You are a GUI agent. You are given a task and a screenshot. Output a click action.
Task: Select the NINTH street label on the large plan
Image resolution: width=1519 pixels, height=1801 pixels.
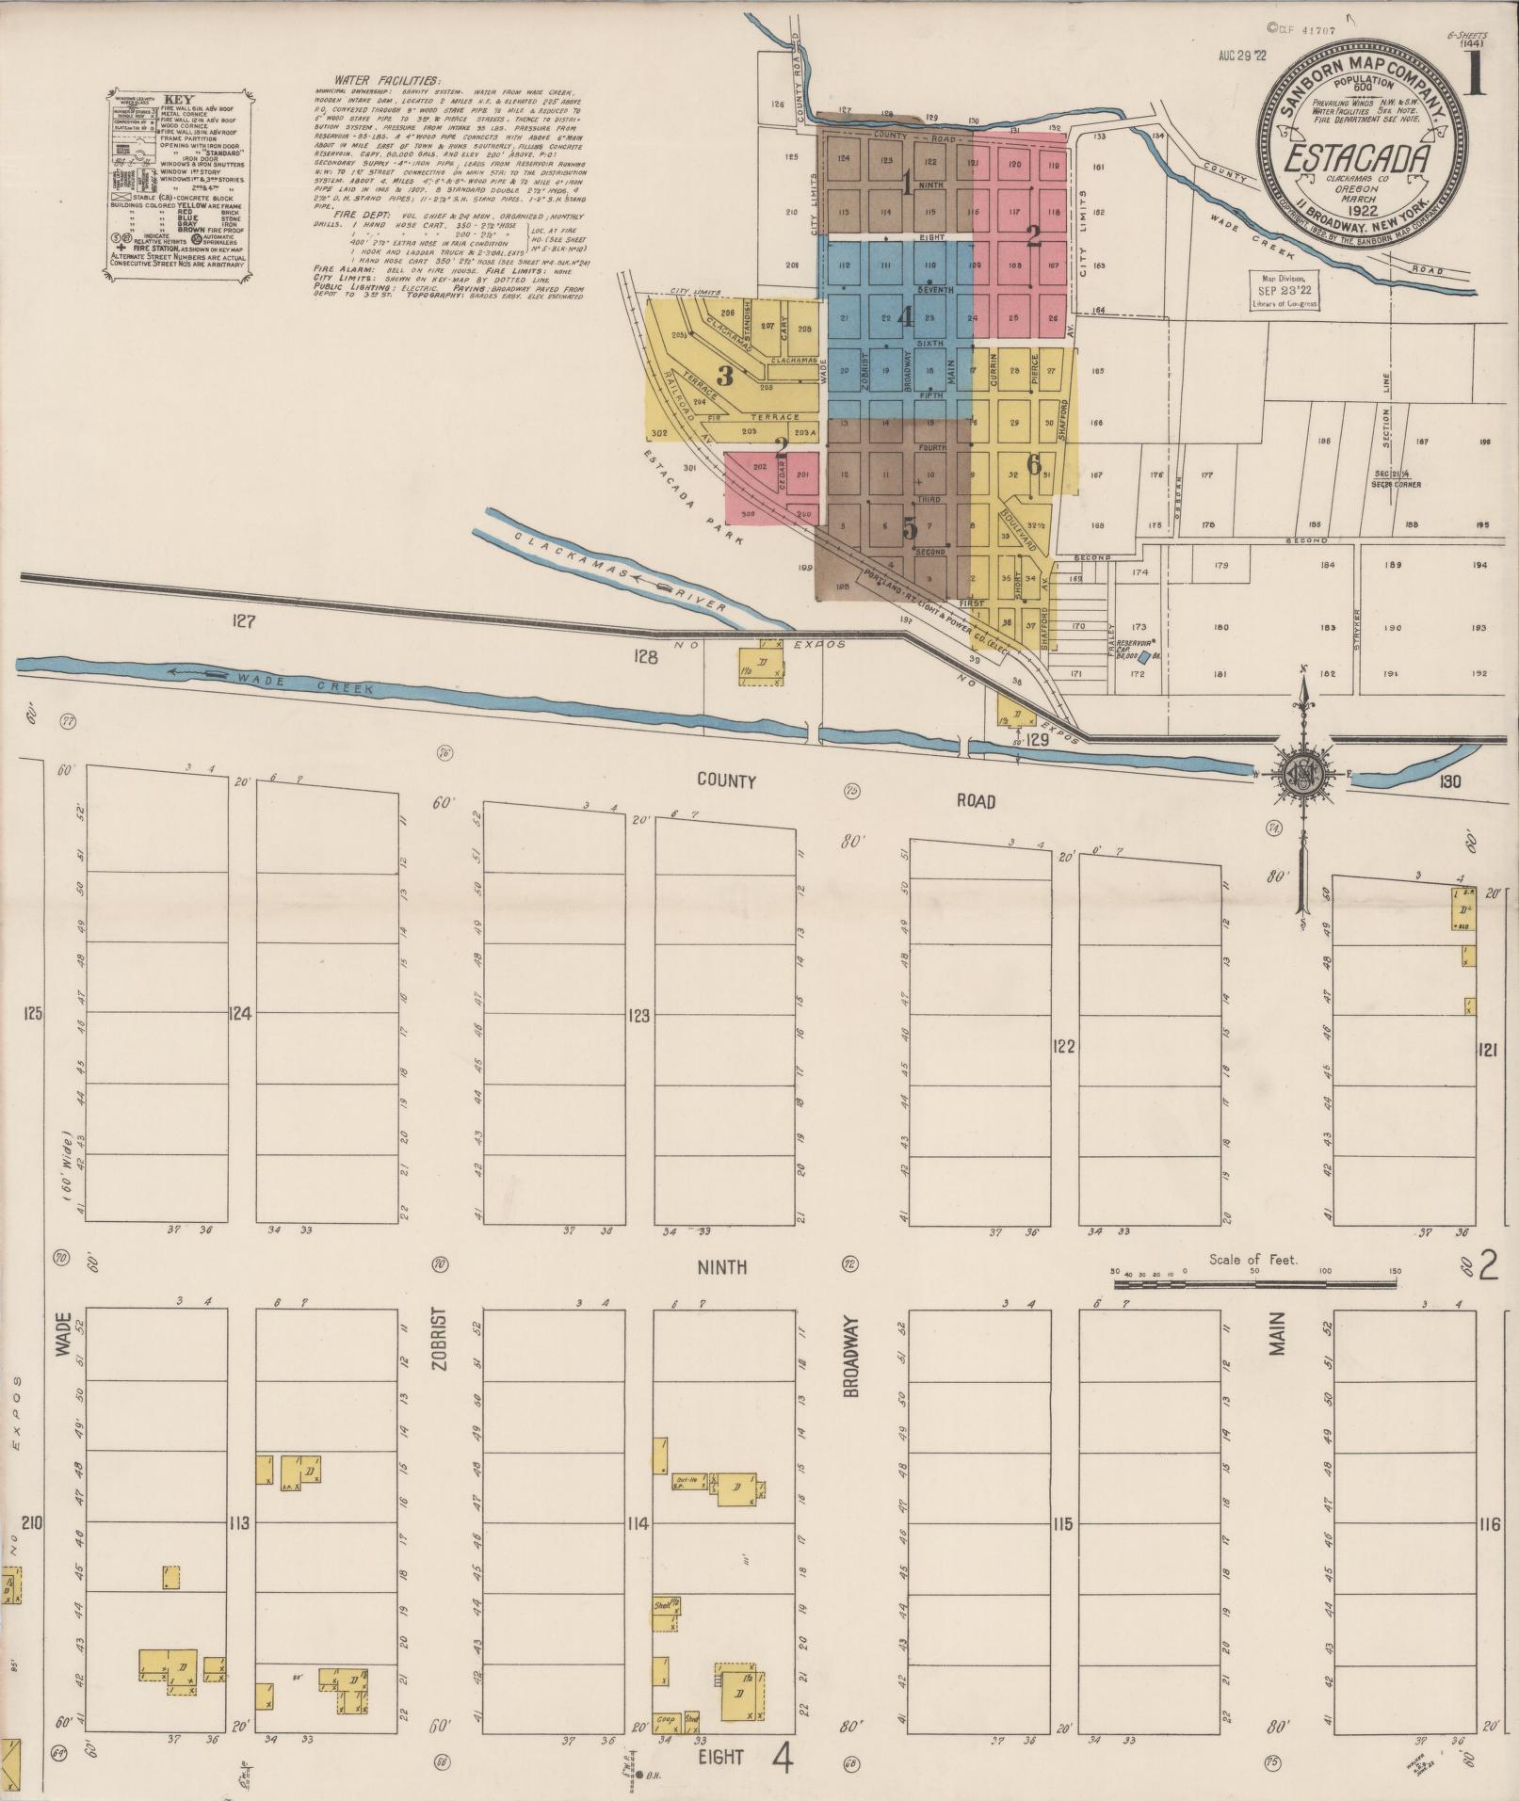tap(723, 1267)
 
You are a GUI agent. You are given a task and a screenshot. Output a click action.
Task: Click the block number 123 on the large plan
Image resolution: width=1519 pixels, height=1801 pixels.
tap(639, 1016)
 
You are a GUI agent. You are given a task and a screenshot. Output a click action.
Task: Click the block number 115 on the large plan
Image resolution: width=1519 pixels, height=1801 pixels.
tap(1063, 1523)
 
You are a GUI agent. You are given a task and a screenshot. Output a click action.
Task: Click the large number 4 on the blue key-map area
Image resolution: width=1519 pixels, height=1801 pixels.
tap(905, 317)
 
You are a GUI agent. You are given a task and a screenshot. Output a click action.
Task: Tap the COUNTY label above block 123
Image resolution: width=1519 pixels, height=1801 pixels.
tap(726, 780)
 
